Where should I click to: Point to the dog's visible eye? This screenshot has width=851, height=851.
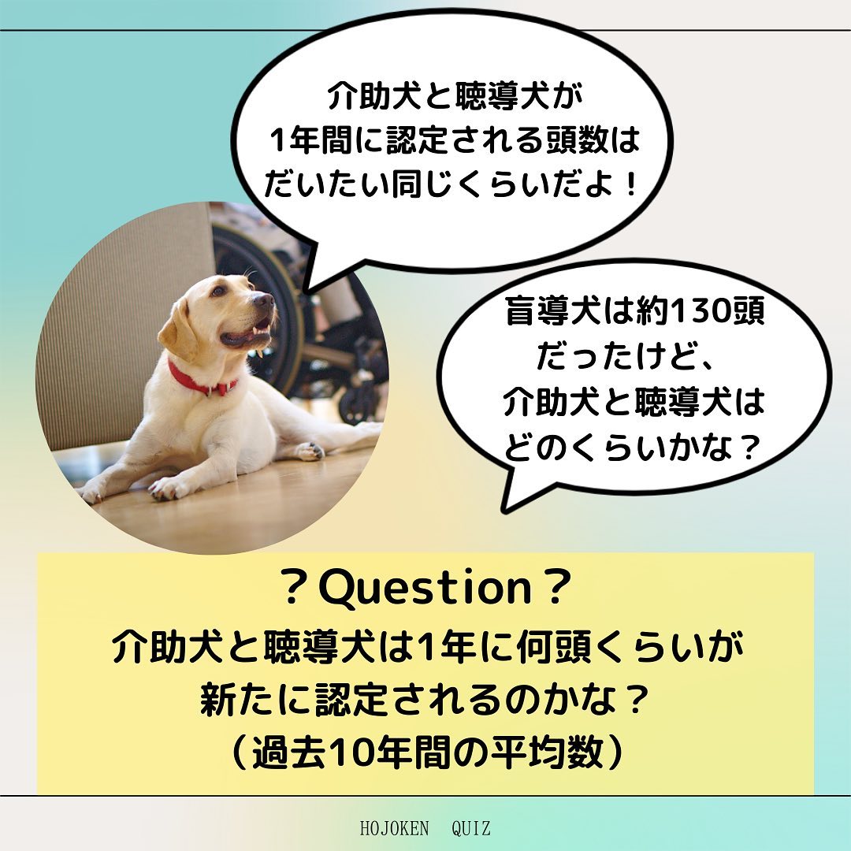pyautogui.click(x=219, y=291)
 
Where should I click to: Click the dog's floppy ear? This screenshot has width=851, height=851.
pyautogui.click(x=179, y=331)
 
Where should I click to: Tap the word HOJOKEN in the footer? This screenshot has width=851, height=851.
pyautogui.click(x=394, y=829)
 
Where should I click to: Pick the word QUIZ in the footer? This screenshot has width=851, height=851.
pyautogui.click(x=471, y=829)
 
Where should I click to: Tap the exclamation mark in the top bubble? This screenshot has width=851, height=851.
pyautogui.click(x=630, y=185)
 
